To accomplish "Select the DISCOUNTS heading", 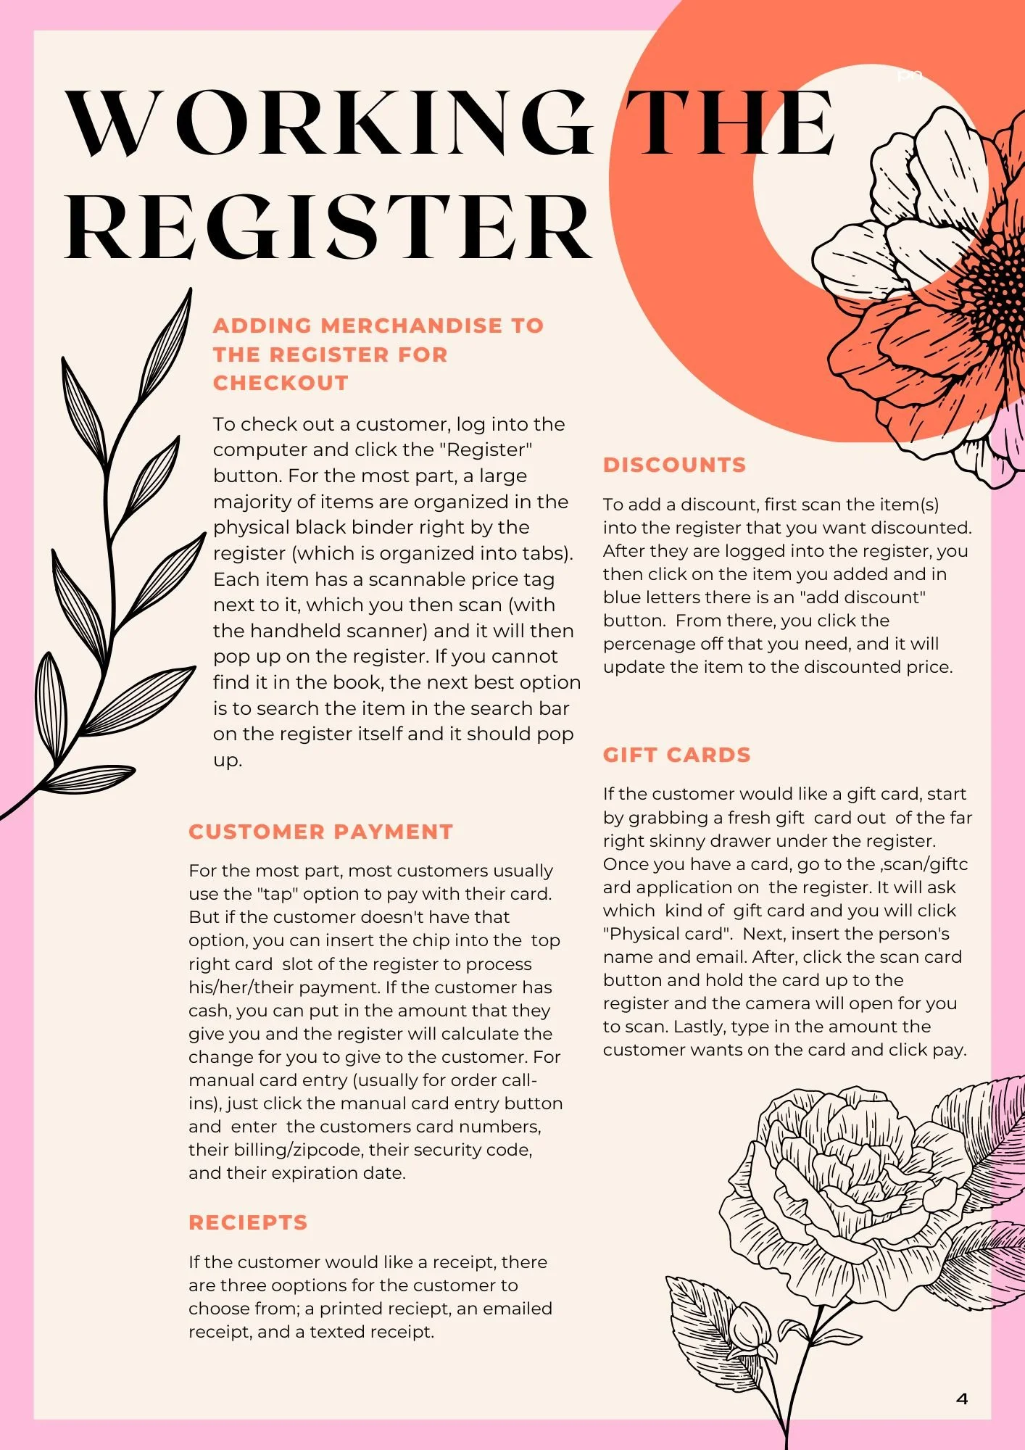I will (674, 465).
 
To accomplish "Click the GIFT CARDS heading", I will (676, 755).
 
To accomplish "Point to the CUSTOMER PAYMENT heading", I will (320, 832).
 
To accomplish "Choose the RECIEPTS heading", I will (248, 1222).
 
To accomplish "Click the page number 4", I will (962, 1399).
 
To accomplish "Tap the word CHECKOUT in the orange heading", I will (281, 383).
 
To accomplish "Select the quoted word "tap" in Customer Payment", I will (278, 894).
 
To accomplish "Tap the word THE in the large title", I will (729, 123).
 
